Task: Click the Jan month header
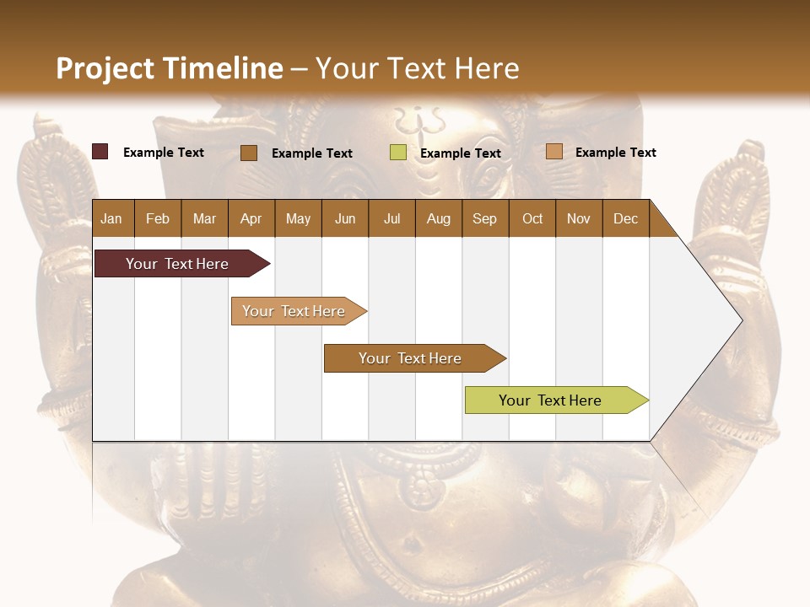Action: (x=111, y=218)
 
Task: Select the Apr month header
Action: (x=251, y=218)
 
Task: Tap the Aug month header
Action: (x=438, y=218)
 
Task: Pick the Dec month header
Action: (x=625, y=218)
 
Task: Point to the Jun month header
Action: (x=344, y=218)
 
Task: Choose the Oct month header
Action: (x=532, y=218)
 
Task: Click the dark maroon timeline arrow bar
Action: (x=177, y=264)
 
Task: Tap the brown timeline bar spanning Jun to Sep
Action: (x=411, y=358)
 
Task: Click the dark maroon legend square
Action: (x=100, y=152)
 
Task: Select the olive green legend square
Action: (x=398, y=153)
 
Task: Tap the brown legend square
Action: (x=249, y=153)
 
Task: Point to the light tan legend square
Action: (x=553, y=152)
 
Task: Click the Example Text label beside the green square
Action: (x=460, y=153)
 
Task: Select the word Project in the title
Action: (x=105, y=68)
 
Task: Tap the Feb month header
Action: (x=158, y=218)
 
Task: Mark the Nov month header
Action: (x=578, y=218)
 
